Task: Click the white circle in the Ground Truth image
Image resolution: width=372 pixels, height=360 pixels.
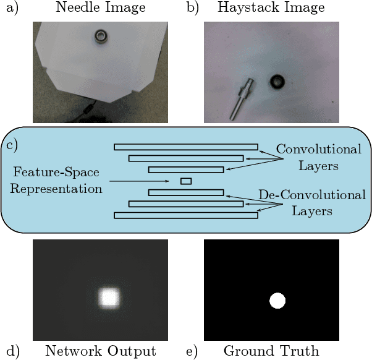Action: click(x=277, y=301)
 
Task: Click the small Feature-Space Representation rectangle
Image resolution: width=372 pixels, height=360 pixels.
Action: click(x=185, y=181)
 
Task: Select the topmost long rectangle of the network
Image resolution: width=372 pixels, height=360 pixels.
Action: click(x=186, y=147)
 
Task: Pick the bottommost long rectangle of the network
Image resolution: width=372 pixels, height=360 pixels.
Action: click(x=186, y=215)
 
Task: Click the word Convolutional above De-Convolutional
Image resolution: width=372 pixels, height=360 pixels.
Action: click(x=319, y=150)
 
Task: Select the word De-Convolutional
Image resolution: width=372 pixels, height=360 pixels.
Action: click(x=312, y=195)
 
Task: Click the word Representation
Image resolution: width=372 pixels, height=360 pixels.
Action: click(x=56, y=189)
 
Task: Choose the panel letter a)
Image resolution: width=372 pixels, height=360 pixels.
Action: click(x=11, y=8)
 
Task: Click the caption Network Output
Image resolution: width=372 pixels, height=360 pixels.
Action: click(x=101, y=351)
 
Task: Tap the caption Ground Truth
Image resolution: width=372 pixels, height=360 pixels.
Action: click(x=271, y=351)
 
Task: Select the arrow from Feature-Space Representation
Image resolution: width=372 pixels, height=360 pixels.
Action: click(x=142, y=181)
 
